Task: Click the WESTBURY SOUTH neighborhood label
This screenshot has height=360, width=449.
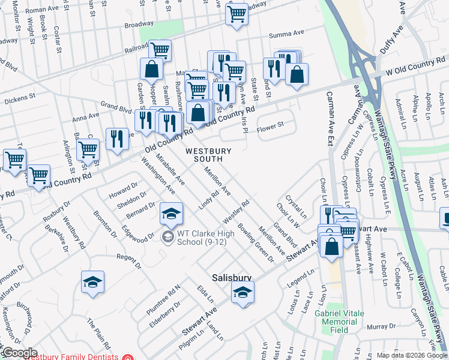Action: (x=203, y=154)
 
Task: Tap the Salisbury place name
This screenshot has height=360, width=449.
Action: (x=232, y=278)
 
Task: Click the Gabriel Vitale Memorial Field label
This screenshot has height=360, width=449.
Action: (x=343, y=322)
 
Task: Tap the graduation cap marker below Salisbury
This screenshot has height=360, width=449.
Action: (x=242, y=292)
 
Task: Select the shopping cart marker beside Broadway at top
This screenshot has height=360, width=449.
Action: (x=237, y=13)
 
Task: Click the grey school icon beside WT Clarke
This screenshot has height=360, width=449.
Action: (x=168, y=235)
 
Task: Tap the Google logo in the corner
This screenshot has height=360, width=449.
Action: (x=19, y=353)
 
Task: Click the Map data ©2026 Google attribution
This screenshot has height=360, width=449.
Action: (x=412, y=355)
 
